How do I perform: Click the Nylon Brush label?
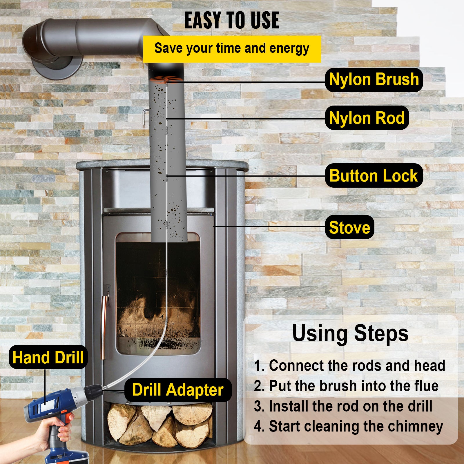374,80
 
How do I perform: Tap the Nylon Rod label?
367,118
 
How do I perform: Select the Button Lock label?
374,176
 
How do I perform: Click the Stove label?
349,227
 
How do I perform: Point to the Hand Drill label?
48,357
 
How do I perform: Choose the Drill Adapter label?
178,390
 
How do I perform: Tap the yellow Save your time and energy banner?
232,49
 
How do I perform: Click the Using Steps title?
350,333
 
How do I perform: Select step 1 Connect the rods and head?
349,366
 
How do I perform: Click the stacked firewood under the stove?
159,423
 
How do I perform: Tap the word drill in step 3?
420,406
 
